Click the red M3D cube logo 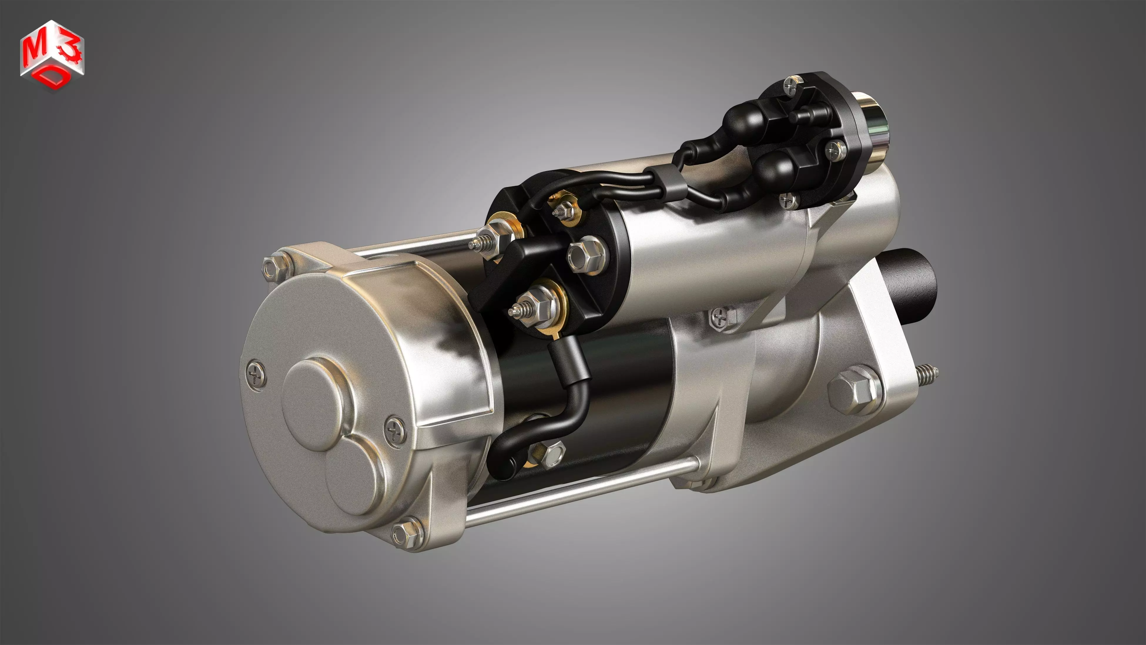coord(52,55)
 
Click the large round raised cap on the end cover coord(314,405)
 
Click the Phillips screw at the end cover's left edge coord(256,375)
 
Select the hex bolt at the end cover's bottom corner coord(405,533)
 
